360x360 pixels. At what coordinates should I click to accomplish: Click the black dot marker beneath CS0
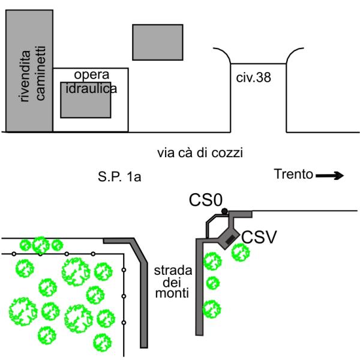pyautogui.click(x=224, y=211)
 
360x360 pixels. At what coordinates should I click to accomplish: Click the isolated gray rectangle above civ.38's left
pyautogui.click(x=157, y=42)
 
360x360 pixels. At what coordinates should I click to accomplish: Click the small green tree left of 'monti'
pyautogui.click(x=212, y=283)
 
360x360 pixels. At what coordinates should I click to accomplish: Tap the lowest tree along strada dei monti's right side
pyautogui.click(x=210, y=308)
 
